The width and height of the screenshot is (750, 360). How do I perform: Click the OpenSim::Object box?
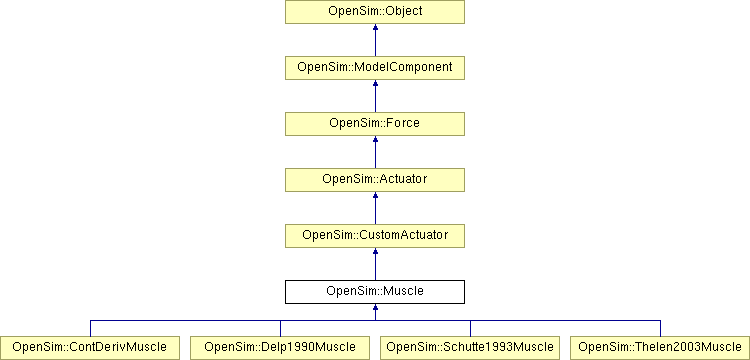pyautogui.click(x=375, y=12)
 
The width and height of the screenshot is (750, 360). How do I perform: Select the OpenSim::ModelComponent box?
pyautogui.click(x=375, y=68)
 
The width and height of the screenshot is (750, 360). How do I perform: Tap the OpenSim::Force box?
pyautogui.click(x=375, y=124)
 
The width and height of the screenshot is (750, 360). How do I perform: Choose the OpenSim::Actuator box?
pyautogui.click(x=375, y=180)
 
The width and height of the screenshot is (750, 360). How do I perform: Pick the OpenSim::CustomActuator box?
pyautogui.click(x=375, y=236)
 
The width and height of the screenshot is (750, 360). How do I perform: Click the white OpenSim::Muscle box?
pyautogui.click(x=375, y=292)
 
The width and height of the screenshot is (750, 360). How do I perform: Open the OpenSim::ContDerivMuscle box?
pyautogui.click(x=90, y=348)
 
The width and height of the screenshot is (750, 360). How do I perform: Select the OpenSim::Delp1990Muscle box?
pyautogui.click(x=280, y=348)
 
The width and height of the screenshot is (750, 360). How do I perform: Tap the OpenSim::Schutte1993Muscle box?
pyautogui.click(x=470, y=348)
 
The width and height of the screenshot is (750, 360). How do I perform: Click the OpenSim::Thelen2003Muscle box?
pyautogui.click(x=660, y=348)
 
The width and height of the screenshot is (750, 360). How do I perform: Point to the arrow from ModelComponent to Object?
pyautogui.click(x=375, y=40)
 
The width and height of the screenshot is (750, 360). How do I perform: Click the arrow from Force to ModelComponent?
pyautogui.click(x=375, y=96)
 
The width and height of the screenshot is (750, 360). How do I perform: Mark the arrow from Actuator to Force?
pyautogui.click(x=375, y=152)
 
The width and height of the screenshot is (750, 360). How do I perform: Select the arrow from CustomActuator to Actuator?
pyautogui.click(x=375, y=208)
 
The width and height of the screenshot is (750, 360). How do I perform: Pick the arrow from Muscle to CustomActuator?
pyautogui.click(x=375, y=264)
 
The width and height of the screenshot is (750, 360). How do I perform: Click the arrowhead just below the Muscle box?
pyautogui.click(x=375, y=309)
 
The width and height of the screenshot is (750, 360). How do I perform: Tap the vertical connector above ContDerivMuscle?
pyautogui.click(x=90, y=328)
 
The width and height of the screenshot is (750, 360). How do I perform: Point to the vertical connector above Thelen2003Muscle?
pyautogui.click(x=660, y=328)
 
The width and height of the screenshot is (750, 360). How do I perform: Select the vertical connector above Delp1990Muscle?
pyautogui.click(x=280, y=328)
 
